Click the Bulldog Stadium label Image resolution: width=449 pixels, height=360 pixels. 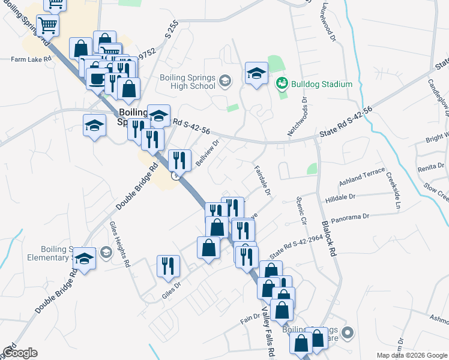322,84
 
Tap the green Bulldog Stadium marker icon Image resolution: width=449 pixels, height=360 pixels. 280,84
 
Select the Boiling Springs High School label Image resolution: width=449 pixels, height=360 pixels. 187,81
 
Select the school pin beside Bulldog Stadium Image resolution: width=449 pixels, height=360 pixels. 256,73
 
